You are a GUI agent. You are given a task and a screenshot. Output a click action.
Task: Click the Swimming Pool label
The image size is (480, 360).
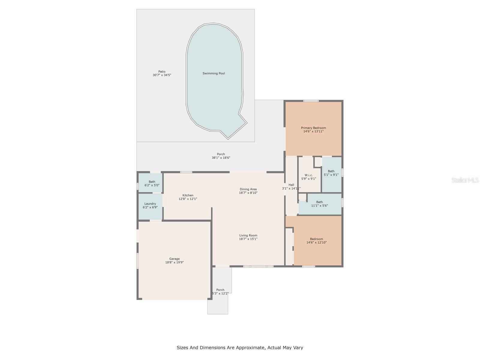click(214, 73)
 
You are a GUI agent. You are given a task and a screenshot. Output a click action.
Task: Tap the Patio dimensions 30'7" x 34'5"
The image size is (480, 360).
click(162, 75)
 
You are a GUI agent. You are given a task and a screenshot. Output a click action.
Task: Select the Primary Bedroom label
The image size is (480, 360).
click(313, 128)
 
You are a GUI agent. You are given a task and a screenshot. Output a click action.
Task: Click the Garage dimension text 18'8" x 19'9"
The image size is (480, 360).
click(174, 262)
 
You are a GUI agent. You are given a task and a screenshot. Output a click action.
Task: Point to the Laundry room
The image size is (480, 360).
click(150, 205)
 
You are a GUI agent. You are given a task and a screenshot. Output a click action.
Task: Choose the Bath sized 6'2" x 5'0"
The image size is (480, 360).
click(152, 183)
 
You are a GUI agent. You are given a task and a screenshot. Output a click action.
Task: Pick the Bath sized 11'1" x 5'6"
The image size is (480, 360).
click(319, 204)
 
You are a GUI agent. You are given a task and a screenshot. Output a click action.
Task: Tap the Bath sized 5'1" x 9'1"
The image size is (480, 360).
click(331, 173)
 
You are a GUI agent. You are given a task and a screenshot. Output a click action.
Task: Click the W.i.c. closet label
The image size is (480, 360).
click(308, 175)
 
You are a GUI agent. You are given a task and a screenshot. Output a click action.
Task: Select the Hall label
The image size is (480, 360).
click(291, 185)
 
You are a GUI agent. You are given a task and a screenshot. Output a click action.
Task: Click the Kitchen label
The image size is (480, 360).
click(188, 195)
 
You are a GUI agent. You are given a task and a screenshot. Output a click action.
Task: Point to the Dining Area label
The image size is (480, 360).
click(248, 189)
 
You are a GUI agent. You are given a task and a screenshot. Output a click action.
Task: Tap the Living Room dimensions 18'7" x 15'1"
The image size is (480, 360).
click(248, 239)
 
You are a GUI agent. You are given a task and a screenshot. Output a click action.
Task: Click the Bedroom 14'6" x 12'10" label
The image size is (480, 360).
click(316, 241)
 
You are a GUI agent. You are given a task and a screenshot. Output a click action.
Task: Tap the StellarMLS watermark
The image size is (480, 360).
click(465, 180)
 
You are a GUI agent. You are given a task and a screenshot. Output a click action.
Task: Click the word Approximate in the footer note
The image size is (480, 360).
click(250, 348)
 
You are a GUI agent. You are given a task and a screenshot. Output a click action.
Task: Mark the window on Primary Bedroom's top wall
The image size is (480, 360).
click(311, 101)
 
